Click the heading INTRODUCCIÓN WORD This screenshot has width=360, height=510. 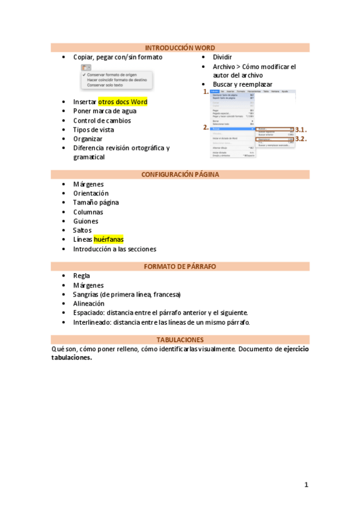[180, 48]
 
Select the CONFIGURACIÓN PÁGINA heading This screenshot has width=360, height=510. [180, 174]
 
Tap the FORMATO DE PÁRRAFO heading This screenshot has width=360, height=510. [180, 266]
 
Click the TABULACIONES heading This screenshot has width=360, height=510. [180, 339]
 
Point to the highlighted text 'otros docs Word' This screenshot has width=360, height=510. [123, 102]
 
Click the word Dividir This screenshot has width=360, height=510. [222, 57]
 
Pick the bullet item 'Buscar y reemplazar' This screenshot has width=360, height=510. [242, 84]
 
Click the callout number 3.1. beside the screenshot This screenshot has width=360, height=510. [302, 129]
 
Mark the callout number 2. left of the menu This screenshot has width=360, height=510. [206, 127]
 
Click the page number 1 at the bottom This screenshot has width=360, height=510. [306, 484]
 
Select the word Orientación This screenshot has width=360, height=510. [91, 193]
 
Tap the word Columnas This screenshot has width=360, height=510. [88, 212]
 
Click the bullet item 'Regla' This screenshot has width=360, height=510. [81, 275]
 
